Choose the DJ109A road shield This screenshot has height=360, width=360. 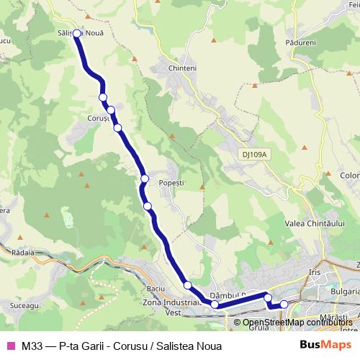[x=254, y=153]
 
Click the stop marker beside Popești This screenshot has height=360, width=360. [x=145, y=179]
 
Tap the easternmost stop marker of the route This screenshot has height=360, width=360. [x=284, y=304]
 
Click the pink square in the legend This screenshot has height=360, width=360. [x=10, y=345]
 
